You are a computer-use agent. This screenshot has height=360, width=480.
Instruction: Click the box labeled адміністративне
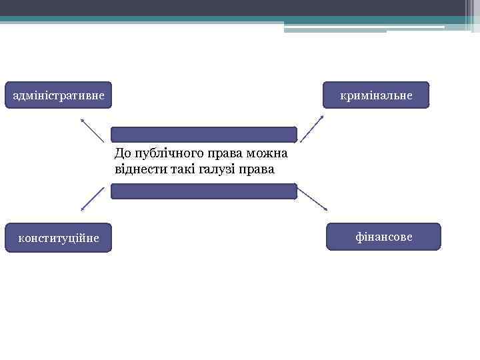[x=59, y=95]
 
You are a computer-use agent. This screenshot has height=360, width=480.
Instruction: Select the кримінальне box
[x=376, y=95]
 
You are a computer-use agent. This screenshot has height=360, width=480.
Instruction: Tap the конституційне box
[x=59, y=238]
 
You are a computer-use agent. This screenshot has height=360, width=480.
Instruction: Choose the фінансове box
[x=383, y=237]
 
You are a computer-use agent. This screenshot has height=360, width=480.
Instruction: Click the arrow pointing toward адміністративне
[x=92, y=130]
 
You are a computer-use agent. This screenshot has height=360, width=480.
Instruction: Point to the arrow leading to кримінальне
[x=311, y=129]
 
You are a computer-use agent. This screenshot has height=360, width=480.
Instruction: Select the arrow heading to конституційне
[x=93, y=199]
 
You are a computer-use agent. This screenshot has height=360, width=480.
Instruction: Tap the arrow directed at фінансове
[x=312, y=199]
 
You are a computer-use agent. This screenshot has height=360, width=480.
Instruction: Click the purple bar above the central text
[x=203, y=135]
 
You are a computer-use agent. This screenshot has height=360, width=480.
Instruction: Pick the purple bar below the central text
[x=203, y=191]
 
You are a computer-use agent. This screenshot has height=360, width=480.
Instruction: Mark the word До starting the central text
[x=123, y=155]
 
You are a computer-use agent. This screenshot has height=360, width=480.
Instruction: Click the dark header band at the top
[x=240, y=8]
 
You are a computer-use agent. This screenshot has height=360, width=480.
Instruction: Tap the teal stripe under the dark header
[x=240, y=19]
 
